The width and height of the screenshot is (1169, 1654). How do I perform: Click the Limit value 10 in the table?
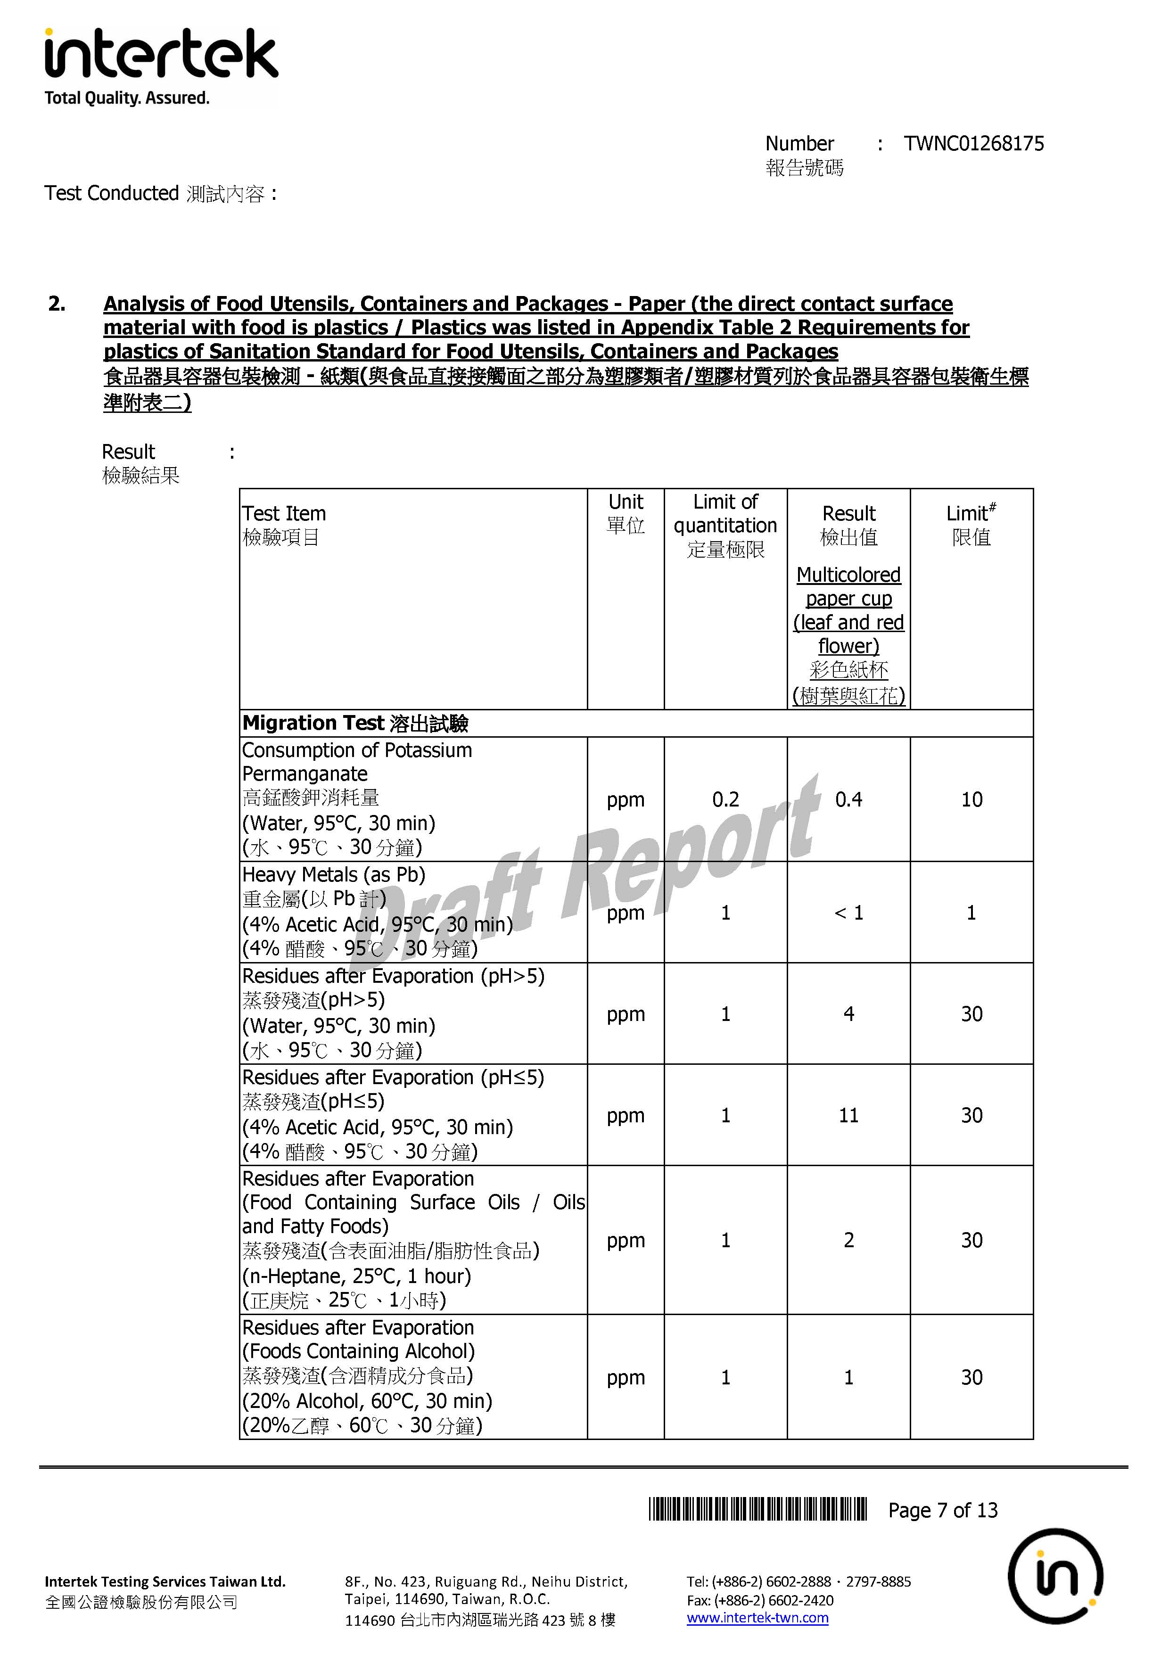click(x=971, y=799)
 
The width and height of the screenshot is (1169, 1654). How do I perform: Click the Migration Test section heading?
click(x=355, y=723)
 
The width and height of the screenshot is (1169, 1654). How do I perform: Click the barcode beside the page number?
click(x=757, y=1509)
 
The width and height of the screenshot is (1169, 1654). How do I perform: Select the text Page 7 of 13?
click(x=942, y=1510)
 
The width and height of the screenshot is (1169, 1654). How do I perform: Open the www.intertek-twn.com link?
click(x=757, y=1618)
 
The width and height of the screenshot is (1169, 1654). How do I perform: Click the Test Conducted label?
click(x=112, y=193)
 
